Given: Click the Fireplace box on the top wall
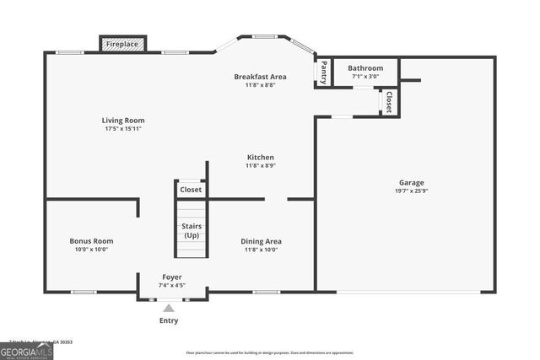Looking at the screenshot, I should point(123,44).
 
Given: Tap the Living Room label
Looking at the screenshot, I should point(123,120).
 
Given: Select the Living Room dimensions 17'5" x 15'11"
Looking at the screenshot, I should point(123,129).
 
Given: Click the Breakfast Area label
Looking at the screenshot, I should point(260,77).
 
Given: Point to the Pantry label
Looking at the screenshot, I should point(323,73).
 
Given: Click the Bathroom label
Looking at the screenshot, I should point(365,68).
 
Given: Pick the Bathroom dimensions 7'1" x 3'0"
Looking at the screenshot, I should point(365,77).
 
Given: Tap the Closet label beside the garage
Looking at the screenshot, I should point(389,102).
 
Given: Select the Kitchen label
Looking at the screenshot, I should point(260,157).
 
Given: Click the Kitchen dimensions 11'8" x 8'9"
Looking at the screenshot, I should point(260,166).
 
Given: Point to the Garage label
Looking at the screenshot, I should point(412,182).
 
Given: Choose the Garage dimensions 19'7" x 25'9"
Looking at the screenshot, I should point(412,191).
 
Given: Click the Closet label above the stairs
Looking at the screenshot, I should point(191,190).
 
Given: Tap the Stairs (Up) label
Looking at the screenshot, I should point(191,230).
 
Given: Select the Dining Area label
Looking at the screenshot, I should point(262,240).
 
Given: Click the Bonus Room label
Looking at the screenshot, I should point(91,240).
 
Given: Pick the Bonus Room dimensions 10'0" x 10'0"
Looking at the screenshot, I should point(91,250).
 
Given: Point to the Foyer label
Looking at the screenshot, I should point(171,277).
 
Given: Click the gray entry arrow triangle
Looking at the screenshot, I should point(169,309).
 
